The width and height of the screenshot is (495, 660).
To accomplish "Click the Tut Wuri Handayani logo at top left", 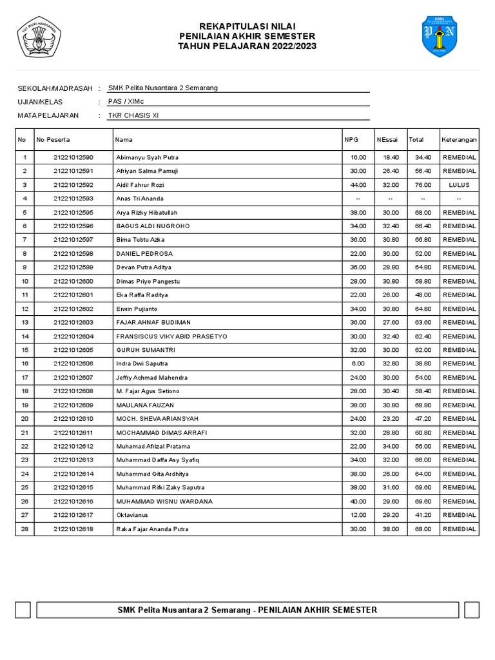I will [x=38, y=37].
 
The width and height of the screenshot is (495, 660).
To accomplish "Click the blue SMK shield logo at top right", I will [x=439, y=37].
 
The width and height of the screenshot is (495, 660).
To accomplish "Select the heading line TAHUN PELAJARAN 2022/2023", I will [x=247, y=46].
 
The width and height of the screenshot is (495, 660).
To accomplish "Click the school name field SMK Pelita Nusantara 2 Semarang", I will [x=162, y=88].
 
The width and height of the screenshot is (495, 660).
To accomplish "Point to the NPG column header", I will [x=351, y=139].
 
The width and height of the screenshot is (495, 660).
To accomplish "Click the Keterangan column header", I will [x=459, y=139].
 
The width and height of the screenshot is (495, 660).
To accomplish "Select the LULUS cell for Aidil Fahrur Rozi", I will [x=459, y=185].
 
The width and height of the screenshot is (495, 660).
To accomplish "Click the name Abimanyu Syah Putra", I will [x=147, y=157].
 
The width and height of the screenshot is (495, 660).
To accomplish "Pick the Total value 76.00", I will [x=423, y=185].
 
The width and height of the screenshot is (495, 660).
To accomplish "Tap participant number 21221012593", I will [x=73, y=199].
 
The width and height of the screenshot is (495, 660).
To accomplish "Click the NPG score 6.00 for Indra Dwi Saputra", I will [x=358, y=364].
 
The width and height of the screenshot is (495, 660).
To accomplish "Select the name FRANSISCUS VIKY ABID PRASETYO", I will [x=171, y=336].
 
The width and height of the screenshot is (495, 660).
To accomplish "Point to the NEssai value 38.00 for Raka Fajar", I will [x=391, y=529].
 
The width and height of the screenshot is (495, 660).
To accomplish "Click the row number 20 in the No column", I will [x=24, y=419].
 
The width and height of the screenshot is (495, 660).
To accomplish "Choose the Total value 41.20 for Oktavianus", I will [x=423, y=515].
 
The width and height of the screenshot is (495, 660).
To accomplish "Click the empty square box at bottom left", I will [x=23, y=610].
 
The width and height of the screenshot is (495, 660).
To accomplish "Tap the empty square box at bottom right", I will [x=471, y=610].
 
